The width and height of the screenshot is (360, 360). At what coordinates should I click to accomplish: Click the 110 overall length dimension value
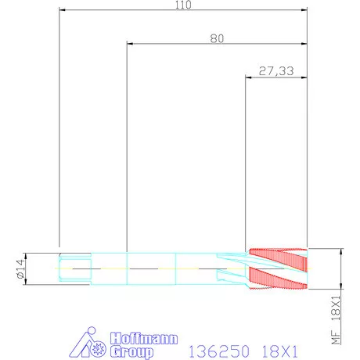click(183, 5)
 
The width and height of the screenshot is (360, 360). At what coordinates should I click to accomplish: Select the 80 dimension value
click(217, 38)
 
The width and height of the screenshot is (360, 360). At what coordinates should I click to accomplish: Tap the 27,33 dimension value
click(276, 71)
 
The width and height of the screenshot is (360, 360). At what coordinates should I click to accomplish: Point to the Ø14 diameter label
click(21, 268)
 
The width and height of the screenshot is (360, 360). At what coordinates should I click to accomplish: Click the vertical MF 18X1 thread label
click(336, 320)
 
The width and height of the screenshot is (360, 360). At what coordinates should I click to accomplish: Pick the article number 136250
click(219, 351)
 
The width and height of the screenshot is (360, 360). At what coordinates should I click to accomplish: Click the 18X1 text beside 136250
click(279, 351)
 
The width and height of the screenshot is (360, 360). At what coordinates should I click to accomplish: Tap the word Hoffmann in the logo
click(144, 338)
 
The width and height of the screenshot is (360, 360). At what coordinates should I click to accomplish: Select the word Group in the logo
click(131, 351)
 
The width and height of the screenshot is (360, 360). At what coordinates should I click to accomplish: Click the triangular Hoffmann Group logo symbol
click(88, 342)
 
